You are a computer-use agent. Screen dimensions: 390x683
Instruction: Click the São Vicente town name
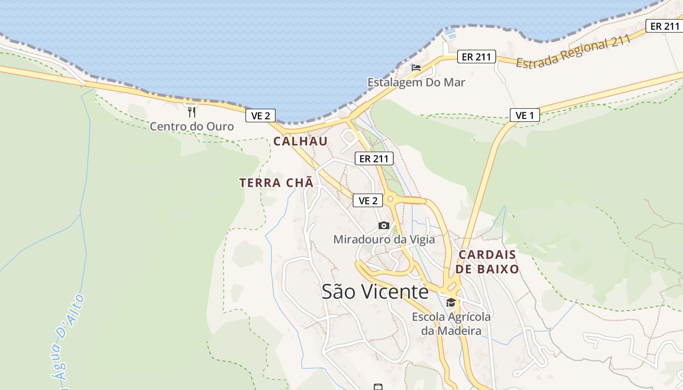tap(375, 292)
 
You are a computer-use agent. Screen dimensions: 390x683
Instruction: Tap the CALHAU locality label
tap(300, 141)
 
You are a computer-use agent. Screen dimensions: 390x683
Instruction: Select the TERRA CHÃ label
tap(276, 183)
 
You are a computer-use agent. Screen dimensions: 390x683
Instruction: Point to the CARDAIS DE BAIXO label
tap(488, 262)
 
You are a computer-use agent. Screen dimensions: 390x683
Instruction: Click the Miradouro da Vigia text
tap(384, 239)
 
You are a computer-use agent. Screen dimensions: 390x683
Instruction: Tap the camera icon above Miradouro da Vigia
tap(384, 225)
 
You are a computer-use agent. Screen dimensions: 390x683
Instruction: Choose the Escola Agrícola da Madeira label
tap(451, 324)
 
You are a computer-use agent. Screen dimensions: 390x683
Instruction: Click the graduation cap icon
tap(451, 302)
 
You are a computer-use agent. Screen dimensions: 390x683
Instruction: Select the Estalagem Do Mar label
tap(416, 82)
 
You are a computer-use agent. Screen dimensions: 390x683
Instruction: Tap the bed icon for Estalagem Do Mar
tap(416, 68)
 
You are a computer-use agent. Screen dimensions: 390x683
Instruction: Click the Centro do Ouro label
tap(192, 127)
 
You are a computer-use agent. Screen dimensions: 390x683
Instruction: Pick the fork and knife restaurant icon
tap(192, 112)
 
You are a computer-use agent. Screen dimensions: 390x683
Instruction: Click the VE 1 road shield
tap(525, 115)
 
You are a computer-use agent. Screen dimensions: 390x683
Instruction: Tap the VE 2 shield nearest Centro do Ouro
tap(261, 116)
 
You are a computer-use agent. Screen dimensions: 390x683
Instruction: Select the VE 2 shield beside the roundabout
tap(368, 200)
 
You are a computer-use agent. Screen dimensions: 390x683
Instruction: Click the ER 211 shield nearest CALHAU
tap(374, 158)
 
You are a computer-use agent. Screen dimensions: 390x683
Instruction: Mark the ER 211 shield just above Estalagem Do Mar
tap(476, 57)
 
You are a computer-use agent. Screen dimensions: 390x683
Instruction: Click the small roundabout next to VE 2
tap(390, 199)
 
